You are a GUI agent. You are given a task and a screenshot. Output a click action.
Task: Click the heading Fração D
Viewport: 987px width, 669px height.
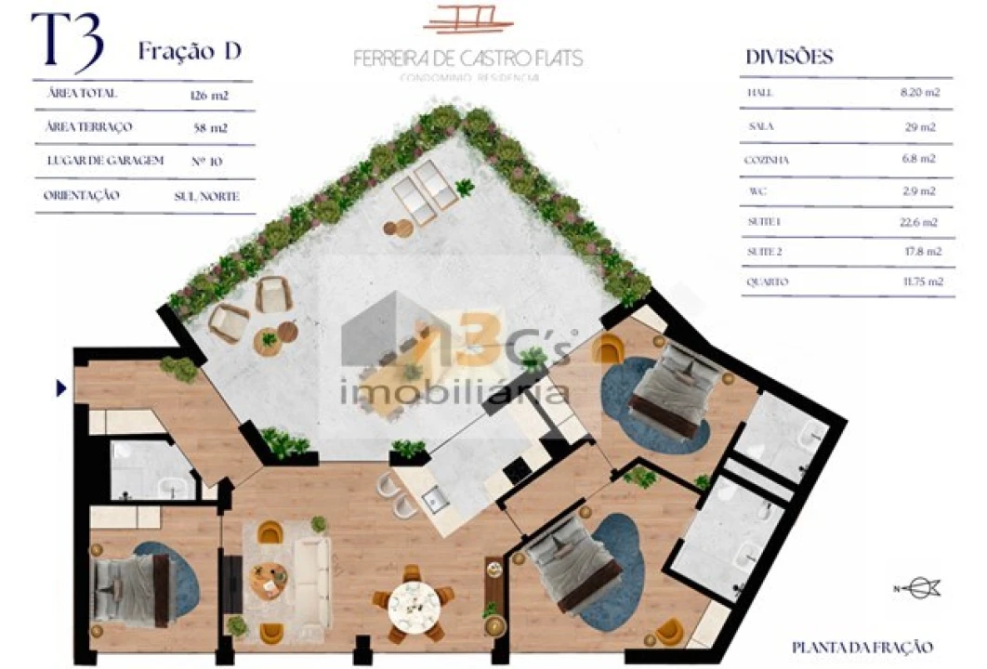click(190, 51)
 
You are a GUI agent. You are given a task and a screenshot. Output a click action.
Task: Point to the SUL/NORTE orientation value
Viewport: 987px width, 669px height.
click(206, 196)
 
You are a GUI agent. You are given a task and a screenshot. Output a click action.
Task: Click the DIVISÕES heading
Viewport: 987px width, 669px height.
click(789, 58)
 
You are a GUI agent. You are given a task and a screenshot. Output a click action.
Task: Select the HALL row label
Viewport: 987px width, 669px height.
click(759, 93)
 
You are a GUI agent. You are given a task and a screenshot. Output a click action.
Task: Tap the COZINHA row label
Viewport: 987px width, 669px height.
click(767, 160)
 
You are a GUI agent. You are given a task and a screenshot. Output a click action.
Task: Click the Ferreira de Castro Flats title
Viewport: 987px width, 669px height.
click(468, 58)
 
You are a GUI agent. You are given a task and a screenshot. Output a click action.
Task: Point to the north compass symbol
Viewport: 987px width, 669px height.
click(920, 586)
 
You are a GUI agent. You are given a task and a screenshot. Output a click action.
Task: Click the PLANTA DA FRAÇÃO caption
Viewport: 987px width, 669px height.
click(862, 647)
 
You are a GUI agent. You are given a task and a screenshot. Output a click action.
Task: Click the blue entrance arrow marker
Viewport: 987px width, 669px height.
click(61, 388)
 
